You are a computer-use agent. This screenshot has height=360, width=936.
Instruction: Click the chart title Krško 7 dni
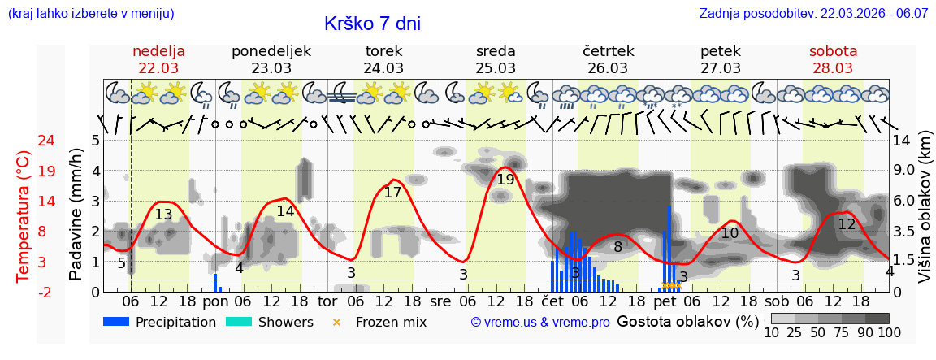click(x=372, y=24)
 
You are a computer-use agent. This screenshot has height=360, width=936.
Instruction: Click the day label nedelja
click(x=158, y=51)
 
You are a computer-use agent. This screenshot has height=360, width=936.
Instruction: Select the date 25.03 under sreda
click(x=496, y=68)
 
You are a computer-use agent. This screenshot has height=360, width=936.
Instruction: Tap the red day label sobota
click(x=833, y=51)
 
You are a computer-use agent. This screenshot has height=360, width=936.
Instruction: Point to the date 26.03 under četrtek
click(x=608, y=68)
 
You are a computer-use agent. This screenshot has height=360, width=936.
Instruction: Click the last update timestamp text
click(x=813, y=13)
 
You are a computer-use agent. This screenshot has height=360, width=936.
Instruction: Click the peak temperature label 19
click(x=505, y=180)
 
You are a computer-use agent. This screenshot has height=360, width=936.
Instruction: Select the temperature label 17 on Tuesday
click(x=392, y=193)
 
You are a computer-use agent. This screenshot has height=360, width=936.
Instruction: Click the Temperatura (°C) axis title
click(x=24, y=216)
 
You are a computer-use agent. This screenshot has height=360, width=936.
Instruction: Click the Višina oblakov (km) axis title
click(x=925, y=216)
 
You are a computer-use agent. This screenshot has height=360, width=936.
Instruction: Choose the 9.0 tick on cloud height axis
click(x=903, y=171)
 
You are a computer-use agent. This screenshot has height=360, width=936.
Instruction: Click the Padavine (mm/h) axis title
click(x=76, y=215)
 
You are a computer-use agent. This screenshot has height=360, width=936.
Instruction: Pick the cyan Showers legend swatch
click(x=238, y=322)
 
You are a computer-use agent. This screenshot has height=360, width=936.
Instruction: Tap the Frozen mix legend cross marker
click(x=336, y=322)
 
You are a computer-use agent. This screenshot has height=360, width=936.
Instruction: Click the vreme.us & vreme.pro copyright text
click(x=540, y=323)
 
